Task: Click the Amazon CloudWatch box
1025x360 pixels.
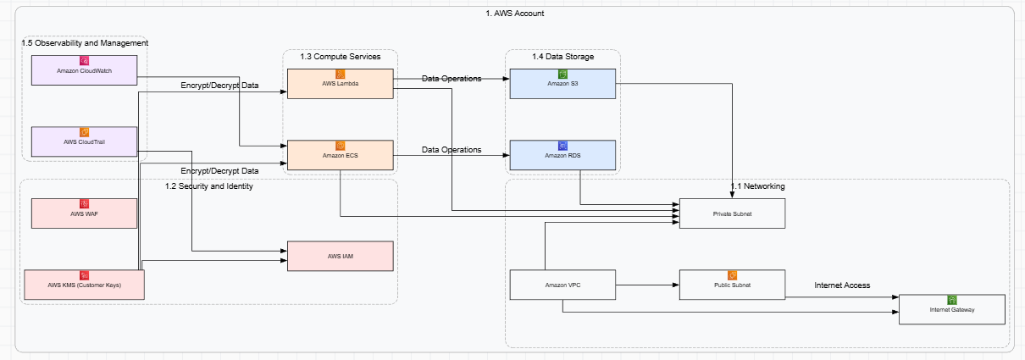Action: pos(84,70)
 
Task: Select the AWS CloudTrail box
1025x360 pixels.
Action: pos(84,141)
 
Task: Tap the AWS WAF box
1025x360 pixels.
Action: pos(84,213)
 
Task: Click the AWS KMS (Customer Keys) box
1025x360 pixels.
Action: pos(84,285)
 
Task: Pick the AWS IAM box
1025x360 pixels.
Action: pos(341,256)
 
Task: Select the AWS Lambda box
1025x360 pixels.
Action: pos(341,84)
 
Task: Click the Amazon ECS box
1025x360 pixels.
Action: pos(341,156)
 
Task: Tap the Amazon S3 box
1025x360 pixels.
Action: pos(562,84)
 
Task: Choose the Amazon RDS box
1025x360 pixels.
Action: pos(562,156)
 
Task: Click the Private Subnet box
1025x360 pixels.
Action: pos(733,213)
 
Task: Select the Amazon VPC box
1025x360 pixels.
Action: pos(562,285)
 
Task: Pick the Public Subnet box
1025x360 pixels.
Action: pos(733,285)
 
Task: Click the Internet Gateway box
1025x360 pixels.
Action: pos(951,309)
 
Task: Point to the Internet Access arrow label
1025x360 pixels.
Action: pos(842,285)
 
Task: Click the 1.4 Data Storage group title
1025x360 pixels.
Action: pos(562,56)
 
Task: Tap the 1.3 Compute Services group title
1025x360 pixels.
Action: pos(341,56)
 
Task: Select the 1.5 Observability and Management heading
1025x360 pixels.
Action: pos(85,42)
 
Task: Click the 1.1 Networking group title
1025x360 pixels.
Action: pos(757,186)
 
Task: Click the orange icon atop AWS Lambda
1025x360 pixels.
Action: pos(341,74)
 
